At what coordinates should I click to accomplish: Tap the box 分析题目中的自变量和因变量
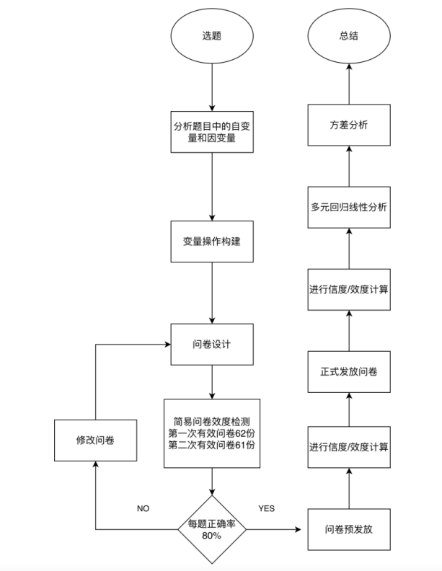point(211,132)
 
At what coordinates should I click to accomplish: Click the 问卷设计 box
point(211,344)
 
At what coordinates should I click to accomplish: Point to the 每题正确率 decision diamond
point(211,529)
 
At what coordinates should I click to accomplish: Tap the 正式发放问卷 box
point(349,371)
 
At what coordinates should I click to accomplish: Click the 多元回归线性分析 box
point(349,208)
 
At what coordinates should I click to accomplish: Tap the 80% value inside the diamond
point(211,536)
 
